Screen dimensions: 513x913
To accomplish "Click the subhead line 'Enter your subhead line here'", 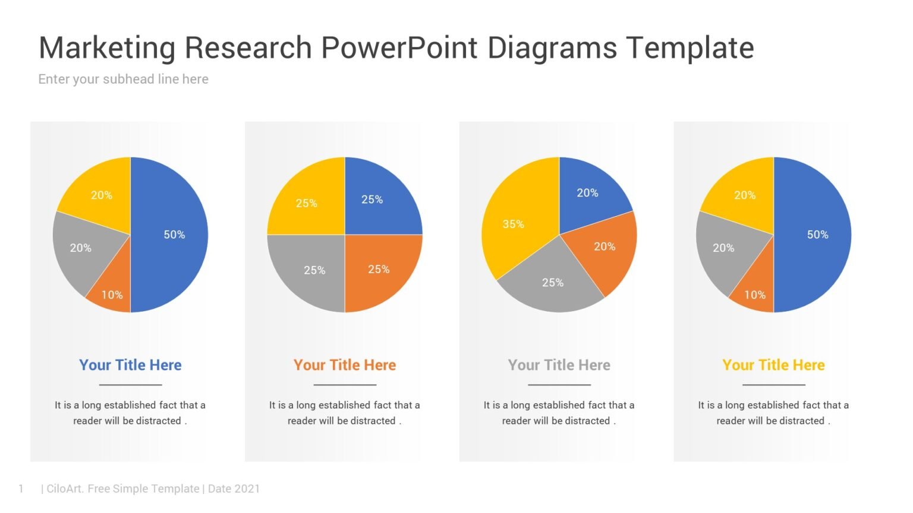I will pos(123,79).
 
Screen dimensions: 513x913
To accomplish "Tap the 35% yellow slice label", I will pos(513,224).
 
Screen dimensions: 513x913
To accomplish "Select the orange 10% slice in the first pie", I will pos(112,294).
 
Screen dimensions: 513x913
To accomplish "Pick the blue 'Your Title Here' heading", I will pos(130,365).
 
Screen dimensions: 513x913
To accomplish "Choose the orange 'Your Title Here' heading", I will pos(344,365).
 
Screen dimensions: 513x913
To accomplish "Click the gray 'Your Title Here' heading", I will pos(559,365).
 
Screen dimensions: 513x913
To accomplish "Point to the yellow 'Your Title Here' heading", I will pos(773,365).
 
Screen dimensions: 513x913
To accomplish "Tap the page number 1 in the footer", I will pos(21,489).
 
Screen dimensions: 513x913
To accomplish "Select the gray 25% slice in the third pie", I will pos(552,283).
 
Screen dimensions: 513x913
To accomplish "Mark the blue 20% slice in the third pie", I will pos(587,193).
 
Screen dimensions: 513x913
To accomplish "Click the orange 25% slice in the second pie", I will pos(378,269).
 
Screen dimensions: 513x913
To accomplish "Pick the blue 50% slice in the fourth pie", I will pos(817,235).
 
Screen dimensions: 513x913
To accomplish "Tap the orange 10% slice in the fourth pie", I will pos(755,294).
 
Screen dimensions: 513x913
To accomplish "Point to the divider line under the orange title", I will pos(345,385).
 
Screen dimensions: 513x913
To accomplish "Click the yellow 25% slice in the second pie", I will pos(307,203).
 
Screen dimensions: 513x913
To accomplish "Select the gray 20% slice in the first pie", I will pos(81,248).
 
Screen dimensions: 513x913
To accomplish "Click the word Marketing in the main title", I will pos(107,48).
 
